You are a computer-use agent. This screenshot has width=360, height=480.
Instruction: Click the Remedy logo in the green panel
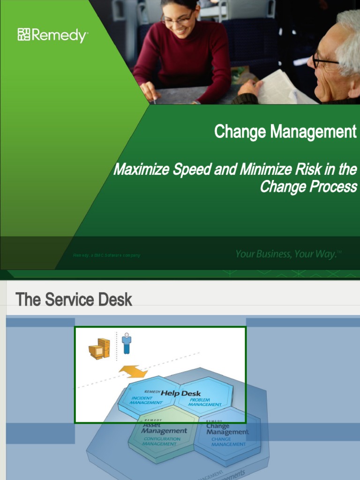point(52,35)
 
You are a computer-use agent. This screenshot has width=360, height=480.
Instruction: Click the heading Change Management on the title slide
point(285,132)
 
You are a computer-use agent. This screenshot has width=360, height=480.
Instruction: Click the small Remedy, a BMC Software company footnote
point(106,255)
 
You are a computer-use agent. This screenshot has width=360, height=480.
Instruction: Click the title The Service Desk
point(74,300)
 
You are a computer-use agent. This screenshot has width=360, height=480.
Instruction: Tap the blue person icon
point(127,344)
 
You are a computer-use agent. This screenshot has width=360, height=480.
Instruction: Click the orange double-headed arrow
point(133,372)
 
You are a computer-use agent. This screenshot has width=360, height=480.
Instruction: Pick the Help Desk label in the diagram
point(180,393)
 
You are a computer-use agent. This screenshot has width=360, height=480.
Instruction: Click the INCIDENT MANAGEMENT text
point(146,400)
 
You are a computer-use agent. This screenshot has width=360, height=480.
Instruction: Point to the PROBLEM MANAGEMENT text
point(204,402)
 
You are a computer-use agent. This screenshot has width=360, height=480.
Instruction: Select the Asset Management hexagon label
point(164,428)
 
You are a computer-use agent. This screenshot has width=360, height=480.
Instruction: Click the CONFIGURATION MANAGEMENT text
point(161,442)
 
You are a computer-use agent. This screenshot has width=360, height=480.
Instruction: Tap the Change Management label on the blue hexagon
point(227,429)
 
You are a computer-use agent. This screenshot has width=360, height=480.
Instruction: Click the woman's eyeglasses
point(177,19)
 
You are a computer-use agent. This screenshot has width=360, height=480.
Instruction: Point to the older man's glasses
point(323,60)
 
